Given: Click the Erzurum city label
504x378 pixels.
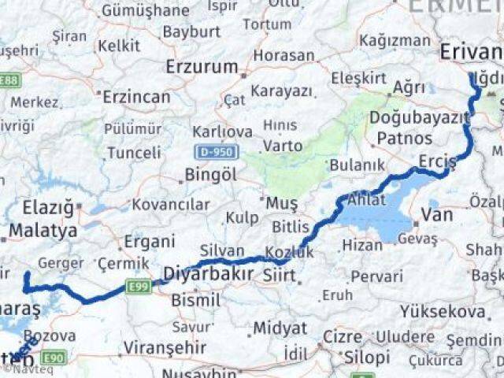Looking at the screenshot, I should pos(202,67).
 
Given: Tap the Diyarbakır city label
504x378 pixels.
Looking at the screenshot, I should pos(208,275).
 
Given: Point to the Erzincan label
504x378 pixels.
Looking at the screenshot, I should pos(137,97).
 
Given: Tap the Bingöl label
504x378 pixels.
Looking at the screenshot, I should pos(210,175).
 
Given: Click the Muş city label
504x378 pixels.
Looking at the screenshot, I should pos(281,204).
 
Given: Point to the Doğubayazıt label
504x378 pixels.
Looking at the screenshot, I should pos(419,117).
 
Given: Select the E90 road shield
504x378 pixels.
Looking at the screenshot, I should pos(54,358).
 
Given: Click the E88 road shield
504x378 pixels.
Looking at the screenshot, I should pos(10,80).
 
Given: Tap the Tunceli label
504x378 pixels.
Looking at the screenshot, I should pos(133,153).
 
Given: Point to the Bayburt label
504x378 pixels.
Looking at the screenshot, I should pos(191,31).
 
